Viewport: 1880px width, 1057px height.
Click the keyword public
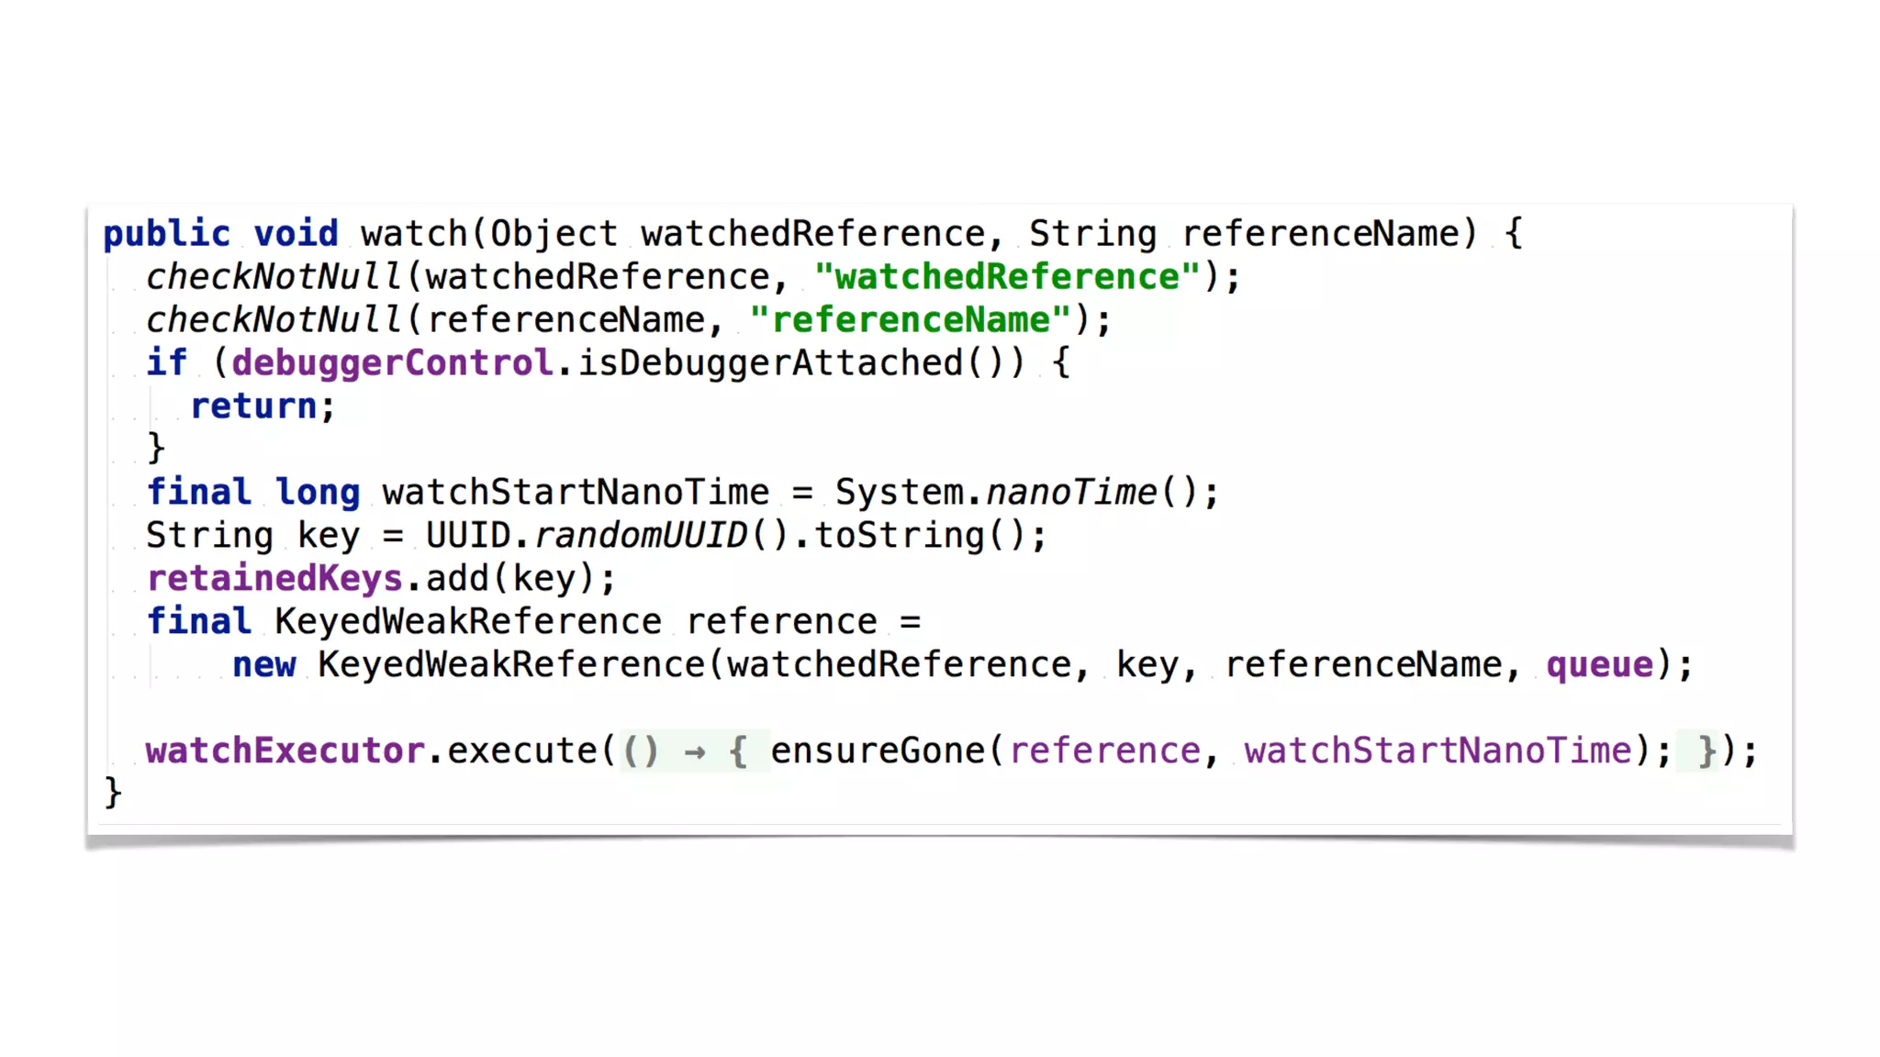click(166, 234)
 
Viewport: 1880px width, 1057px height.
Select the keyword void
click(296, 234)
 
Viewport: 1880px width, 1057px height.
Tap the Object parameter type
click(554, 234)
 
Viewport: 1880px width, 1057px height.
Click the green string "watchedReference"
click(1007, 277)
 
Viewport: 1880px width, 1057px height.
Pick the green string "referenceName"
click(910, 320)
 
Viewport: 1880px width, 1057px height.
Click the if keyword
click(166, 363)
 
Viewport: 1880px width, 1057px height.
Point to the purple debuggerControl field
click(392, 363)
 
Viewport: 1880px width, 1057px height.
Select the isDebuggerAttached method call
click(770, 363)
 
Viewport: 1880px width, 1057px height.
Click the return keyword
click(253, 406)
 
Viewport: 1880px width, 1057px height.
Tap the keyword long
click(318, 493)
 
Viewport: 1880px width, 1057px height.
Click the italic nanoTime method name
click(1071, 493)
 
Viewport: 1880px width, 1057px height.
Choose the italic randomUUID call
click(641, 536)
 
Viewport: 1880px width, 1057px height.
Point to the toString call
click(900, 536)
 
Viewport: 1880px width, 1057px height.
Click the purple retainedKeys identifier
click(274, 579)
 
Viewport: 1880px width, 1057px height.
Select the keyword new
click(264, 665)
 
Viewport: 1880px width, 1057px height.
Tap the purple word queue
click(1599, 665)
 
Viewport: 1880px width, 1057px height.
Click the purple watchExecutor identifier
click(285, 751)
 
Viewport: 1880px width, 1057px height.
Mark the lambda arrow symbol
click(695, 752)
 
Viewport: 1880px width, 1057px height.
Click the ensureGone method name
click(878, 751)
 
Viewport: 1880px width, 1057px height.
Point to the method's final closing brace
click(113, 793)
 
